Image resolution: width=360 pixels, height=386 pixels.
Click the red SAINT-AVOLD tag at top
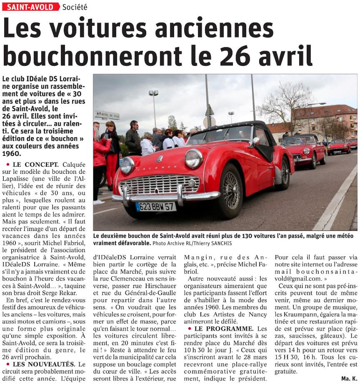click(30, 7)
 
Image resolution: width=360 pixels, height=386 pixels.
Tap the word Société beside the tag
click(75, 7)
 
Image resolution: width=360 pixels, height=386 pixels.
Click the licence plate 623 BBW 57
click(156, 206)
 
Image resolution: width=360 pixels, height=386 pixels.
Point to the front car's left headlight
click(127, 165)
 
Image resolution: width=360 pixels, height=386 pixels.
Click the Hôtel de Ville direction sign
click(107, 115)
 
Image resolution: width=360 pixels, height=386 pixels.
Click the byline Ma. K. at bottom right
click(349, 378)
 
